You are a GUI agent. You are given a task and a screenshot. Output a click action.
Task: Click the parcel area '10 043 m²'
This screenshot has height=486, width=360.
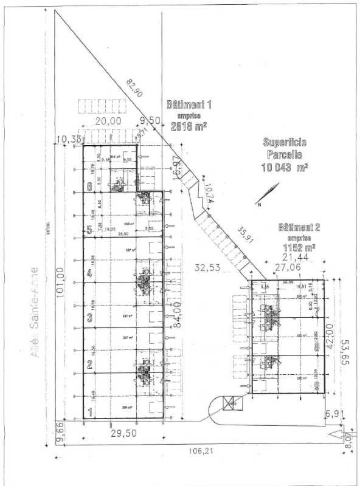point(285,166)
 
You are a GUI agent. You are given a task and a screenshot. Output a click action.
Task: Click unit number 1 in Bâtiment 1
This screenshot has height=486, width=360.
point(90,411)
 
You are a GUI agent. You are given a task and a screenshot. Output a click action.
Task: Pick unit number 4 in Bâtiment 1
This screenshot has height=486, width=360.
point(89,273)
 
